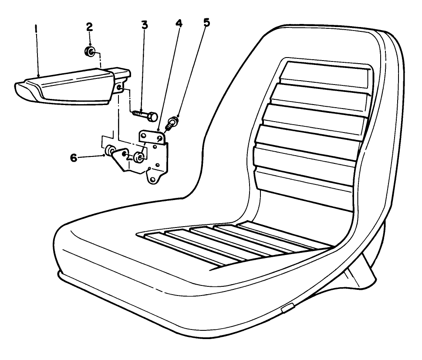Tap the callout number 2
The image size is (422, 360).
[89, 26]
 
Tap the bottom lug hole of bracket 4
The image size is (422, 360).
[152, 179]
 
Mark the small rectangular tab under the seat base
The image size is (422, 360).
[287, 309]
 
